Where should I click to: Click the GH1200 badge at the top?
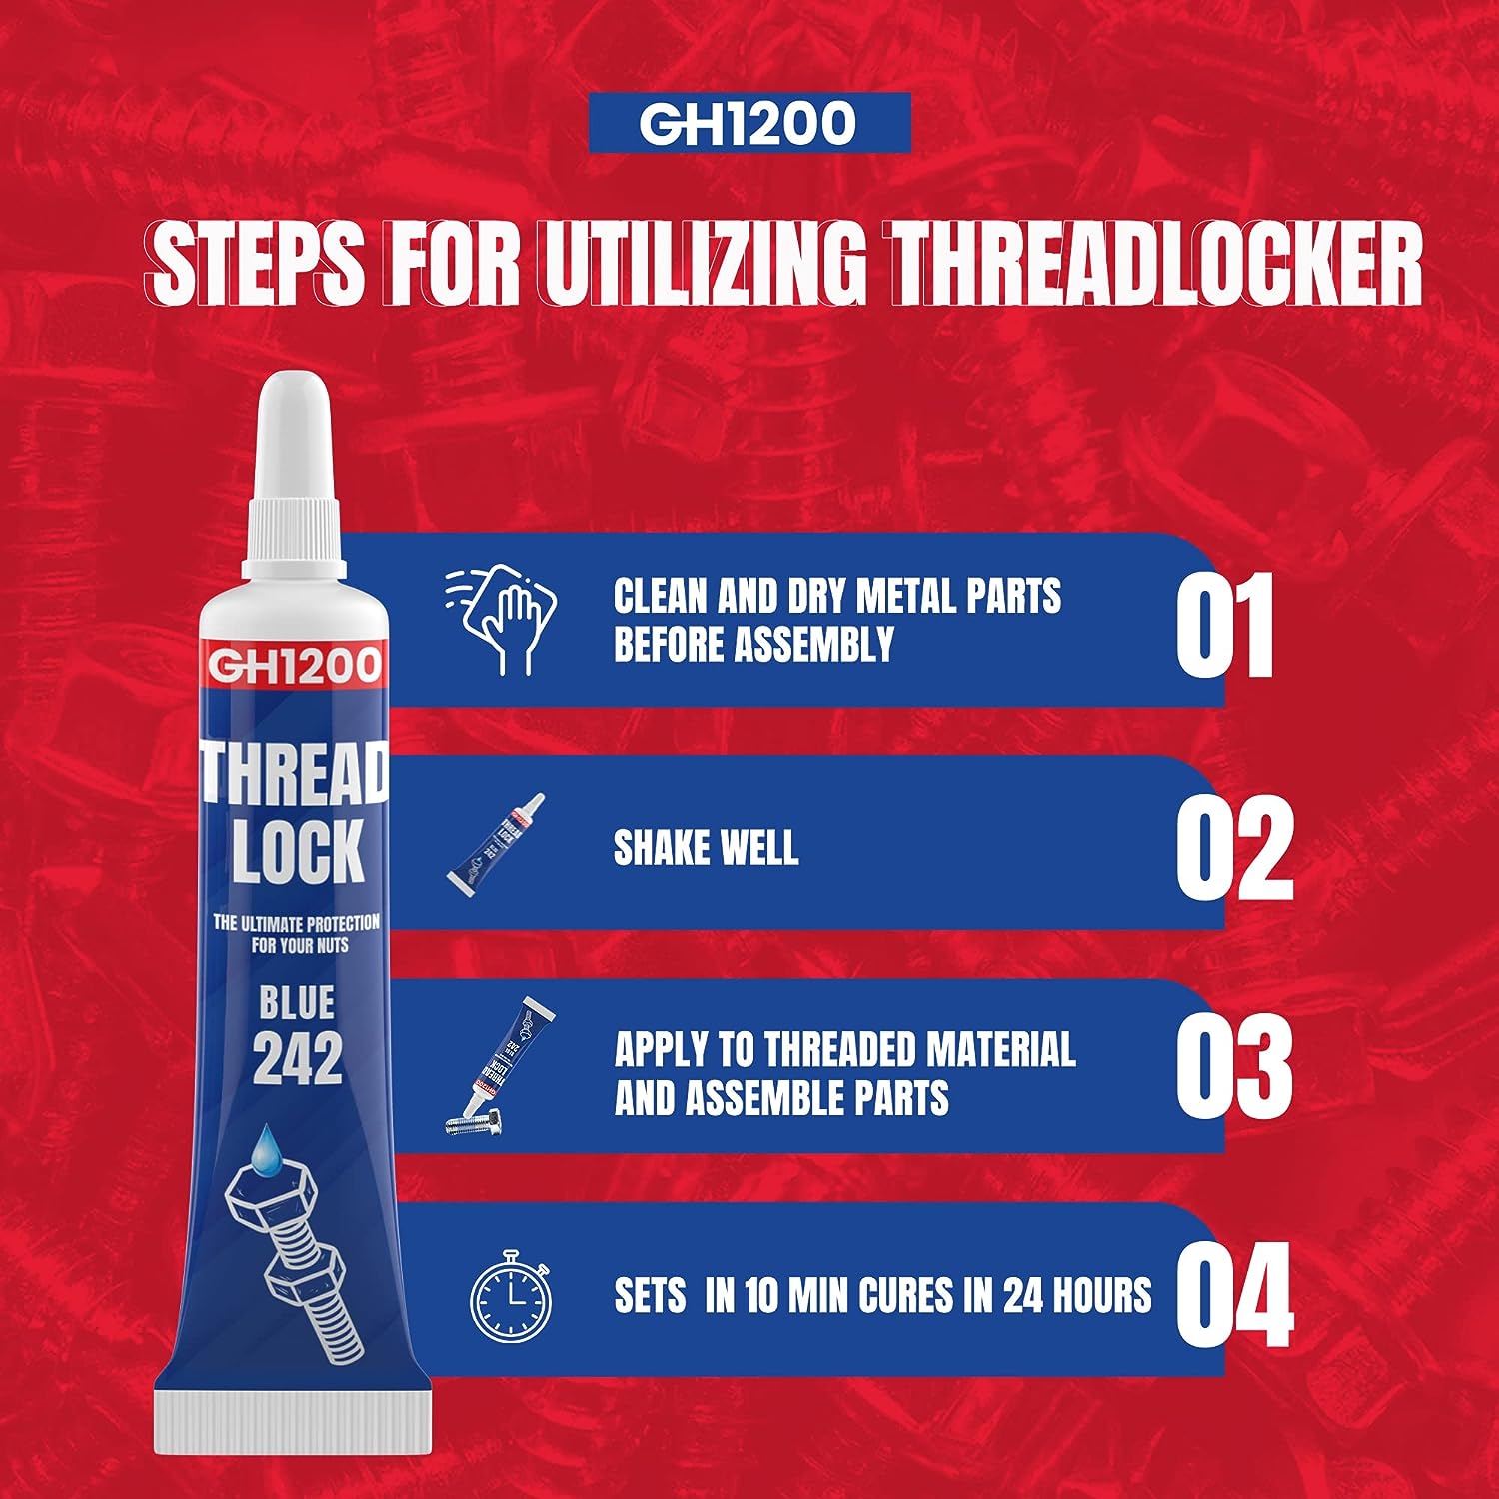point(749,123)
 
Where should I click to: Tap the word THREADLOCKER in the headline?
point(1156,264)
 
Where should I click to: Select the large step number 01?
point(1224,627)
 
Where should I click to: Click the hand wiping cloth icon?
point(502,620)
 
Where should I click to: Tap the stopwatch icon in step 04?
point(511,1296)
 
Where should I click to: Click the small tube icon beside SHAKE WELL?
point(497,843)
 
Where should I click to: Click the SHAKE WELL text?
point(706,848)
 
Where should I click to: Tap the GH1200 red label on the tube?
point(294,666)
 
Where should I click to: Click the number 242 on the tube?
point(298,1058)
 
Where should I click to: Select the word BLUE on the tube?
point(298,1003)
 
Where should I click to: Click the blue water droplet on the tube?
point(268,1149)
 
